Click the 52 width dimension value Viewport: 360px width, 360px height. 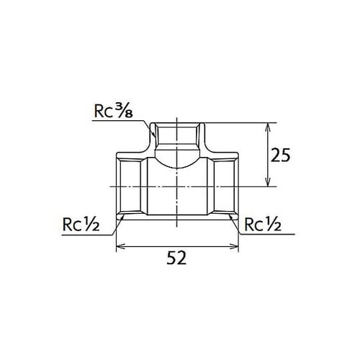point(178,258)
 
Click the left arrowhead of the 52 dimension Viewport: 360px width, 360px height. point(120,246)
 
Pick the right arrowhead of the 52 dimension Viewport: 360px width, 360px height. point(235,246)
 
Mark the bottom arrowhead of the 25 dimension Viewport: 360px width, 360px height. point(269,182)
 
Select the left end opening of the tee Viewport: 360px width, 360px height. point(118,186)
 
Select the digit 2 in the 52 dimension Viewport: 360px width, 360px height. point(184,258)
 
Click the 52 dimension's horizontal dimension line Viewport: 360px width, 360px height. point(178,246)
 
